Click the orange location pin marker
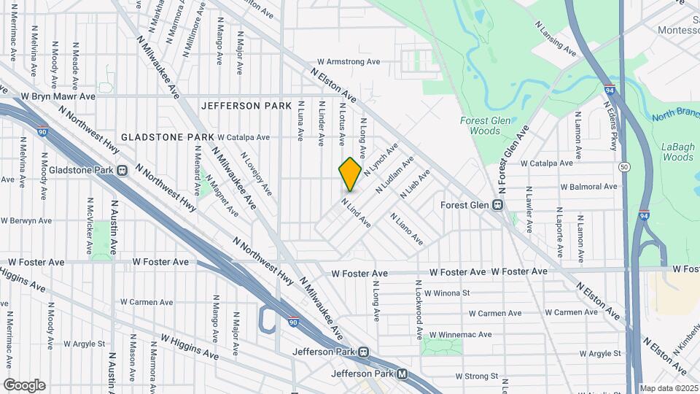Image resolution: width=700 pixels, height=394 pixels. [350, 174]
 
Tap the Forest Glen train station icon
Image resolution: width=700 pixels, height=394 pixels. [499, 205]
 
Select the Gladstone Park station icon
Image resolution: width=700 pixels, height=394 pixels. [122, 171]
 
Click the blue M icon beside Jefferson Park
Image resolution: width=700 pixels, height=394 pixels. [402, 374]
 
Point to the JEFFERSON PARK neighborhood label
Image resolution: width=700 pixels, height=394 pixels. [246, 106]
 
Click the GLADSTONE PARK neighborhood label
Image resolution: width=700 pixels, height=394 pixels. [168, 137]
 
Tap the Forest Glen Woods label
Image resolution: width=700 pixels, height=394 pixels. [481, 125]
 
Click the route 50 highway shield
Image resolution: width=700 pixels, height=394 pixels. [625, 167]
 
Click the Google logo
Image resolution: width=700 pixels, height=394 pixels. [24, 385]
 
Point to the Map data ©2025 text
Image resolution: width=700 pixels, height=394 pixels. [668, 388]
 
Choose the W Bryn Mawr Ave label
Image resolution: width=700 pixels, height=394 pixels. [58, 96]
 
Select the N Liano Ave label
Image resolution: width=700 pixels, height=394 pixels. [406, 228]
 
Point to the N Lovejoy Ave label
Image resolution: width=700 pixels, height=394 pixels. [257, 177]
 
